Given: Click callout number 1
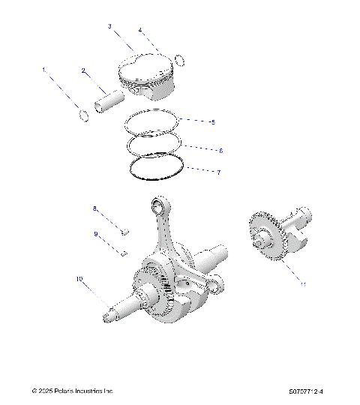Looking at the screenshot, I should [x=43, y=70].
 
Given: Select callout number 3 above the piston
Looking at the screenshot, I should [x=109, y=26].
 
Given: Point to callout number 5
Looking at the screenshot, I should [x=212, y=121].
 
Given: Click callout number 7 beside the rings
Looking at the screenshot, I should [x=218, y=172].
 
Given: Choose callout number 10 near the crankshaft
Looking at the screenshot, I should [x=78, y=279].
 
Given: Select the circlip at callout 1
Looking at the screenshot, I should [x=84, y=115].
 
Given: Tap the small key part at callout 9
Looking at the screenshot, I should [x=124, y=253].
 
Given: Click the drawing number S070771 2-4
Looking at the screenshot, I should [x=310, y=391].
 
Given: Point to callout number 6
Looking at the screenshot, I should [x=220, y=151].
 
